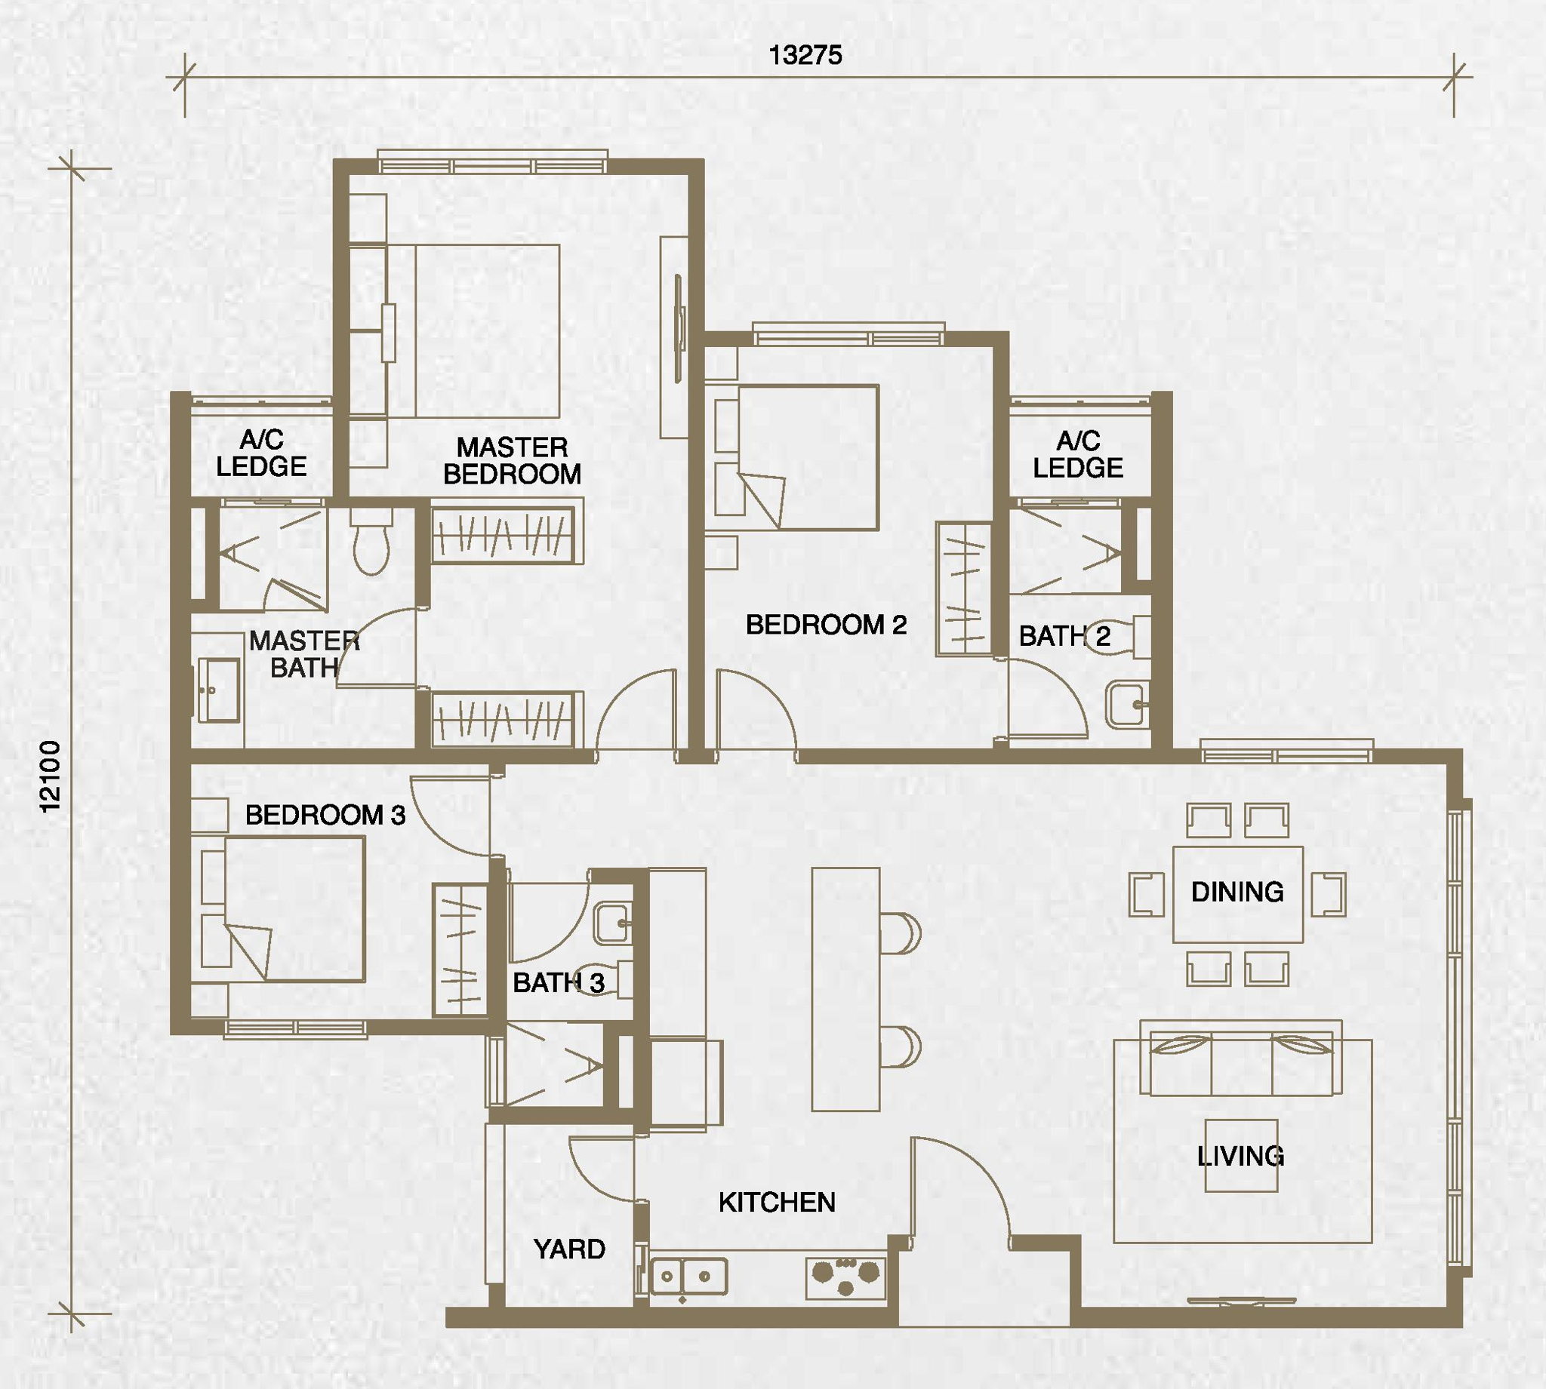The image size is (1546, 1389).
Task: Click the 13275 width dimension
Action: click(805, 55)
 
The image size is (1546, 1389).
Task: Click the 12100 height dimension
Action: click(51, 777)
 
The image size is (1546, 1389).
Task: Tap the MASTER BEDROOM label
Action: click(513, 460)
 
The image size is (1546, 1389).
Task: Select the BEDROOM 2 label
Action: click(826, 625)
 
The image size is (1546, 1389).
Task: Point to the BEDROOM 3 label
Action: click(325, 815)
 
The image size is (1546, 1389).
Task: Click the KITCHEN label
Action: click(778, 1203)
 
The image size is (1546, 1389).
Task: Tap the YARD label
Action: click(569, 1249)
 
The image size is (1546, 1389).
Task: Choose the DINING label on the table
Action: click(1237, 891)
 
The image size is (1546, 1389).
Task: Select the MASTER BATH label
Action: click(305, 654)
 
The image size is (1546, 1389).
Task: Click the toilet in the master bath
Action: click(372, 541)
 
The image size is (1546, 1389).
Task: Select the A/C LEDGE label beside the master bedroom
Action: click(261, 453)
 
